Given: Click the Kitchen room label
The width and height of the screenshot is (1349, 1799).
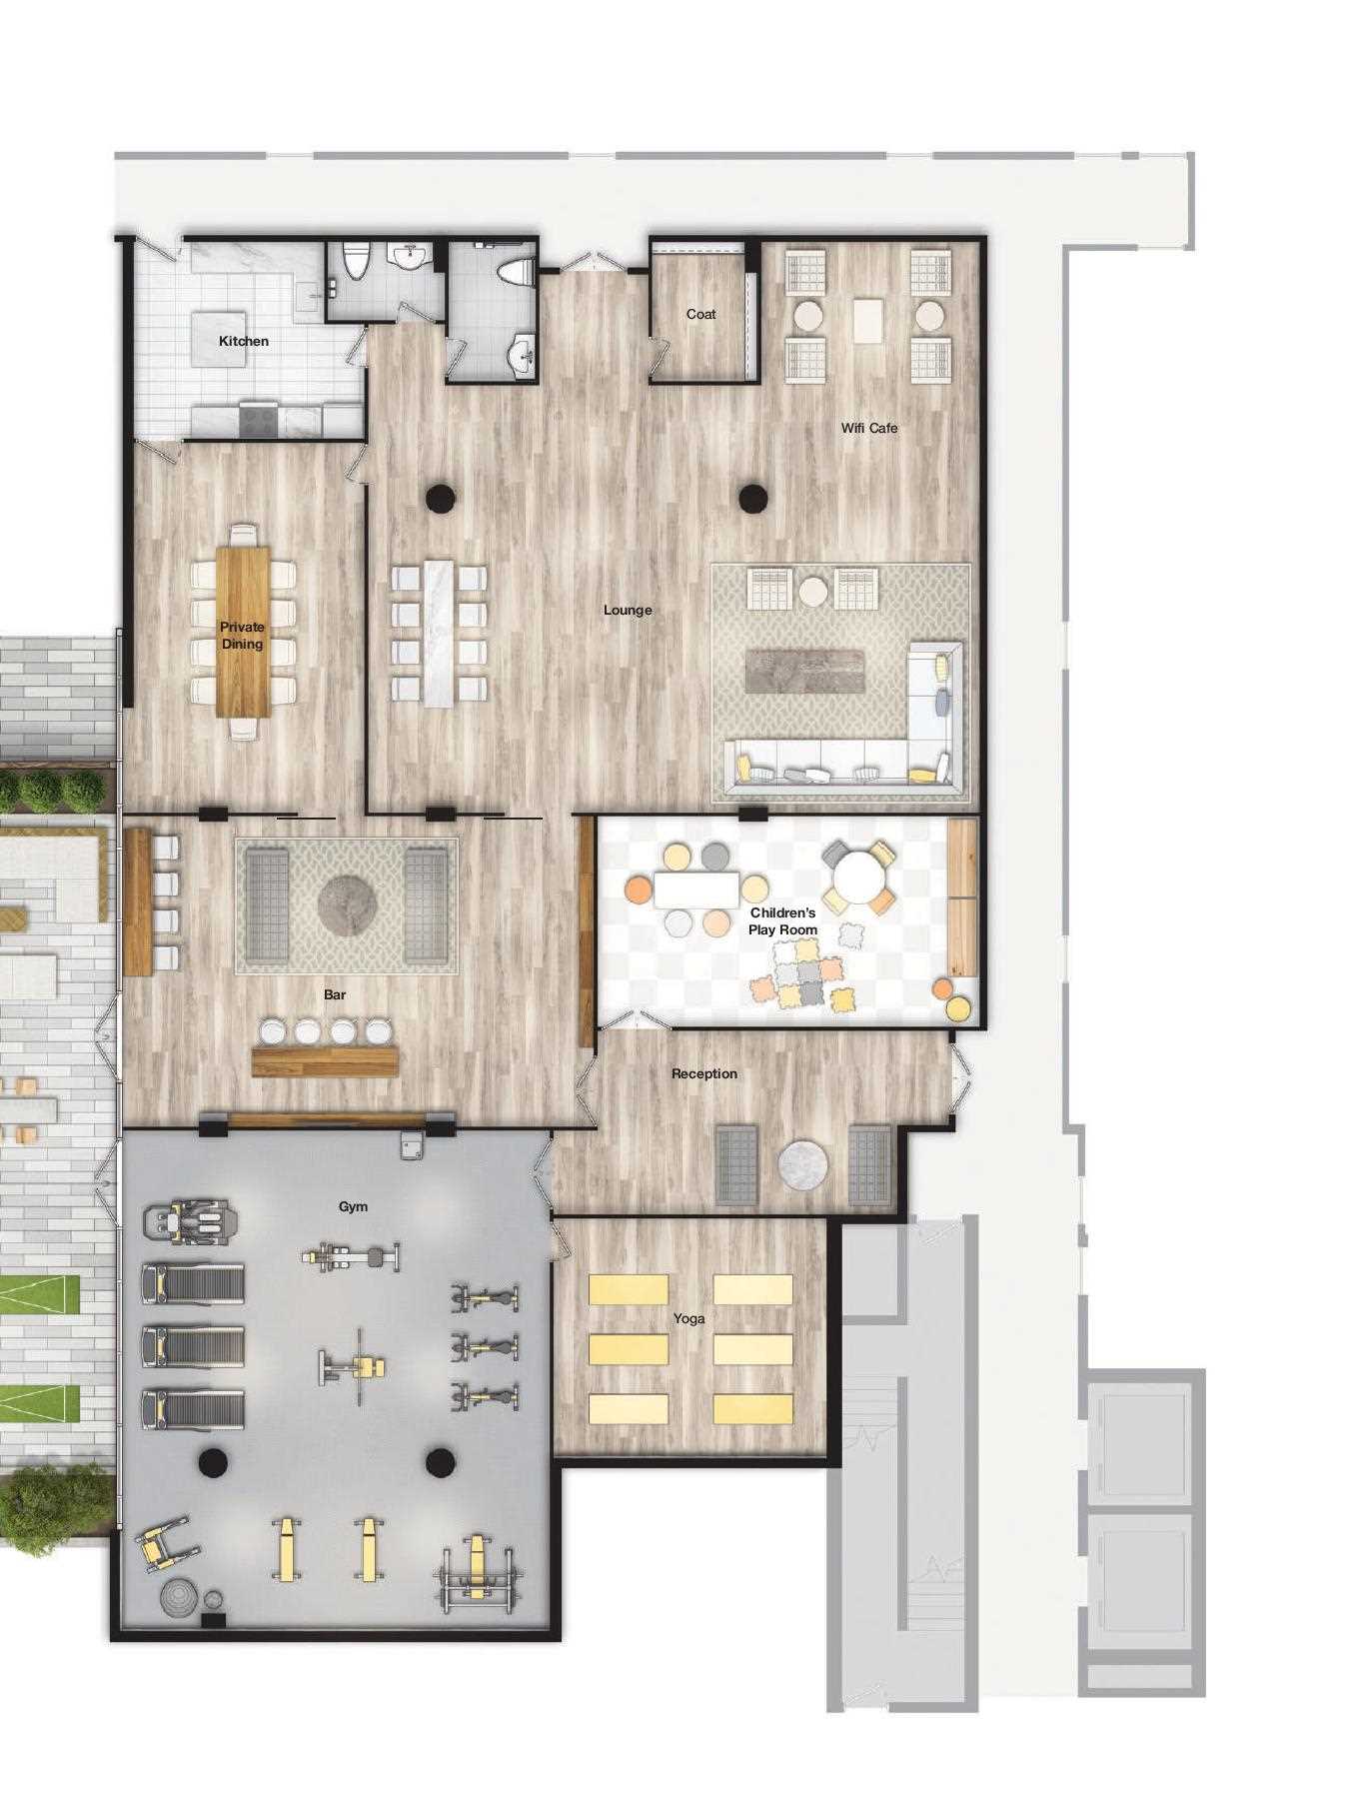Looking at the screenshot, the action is click(x=244, y=341).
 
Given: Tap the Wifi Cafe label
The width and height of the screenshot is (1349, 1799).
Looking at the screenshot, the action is click(x=869, y=428).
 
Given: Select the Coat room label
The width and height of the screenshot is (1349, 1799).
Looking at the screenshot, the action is click(x=700, y=314).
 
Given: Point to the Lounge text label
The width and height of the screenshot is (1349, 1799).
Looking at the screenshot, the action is click(x=628, y=610).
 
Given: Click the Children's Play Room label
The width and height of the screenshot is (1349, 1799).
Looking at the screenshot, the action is click(x=783, y=920).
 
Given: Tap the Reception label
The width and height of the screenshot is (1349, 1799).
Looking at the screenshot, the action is click(x=704, y=1073).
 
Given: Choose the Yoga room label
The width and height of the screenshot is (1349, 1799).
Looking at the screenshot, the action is click(x=689, y=1319).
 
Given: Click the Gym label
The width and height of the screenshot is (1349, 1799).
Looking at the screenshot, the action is click(x=353, y=1206).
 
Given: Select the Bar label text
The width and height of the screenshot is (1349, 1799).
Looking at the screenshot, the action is click(x=335, y=994).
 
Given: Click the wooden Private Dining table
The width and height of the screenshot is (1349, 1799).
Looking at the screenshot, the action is click(x=243, y=632).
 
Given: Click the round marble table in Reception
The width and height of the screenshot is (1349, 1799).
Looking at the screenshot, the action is click(x=803, y=1165).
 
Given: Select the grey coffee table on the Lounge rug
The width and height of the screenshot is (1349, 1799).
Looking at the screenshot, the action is click(x=804, y=671).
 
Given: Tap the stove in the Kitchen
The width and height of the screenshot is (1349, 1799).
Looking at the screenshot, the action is click(x=259, y=419).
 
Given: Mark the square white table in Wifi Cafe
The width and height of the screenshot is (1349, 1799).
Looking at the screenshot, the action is click(x=867, y=320).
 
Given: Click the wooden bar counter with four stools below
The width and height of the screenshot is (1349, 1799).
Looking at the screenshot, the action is click(x=325, y=1060).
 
